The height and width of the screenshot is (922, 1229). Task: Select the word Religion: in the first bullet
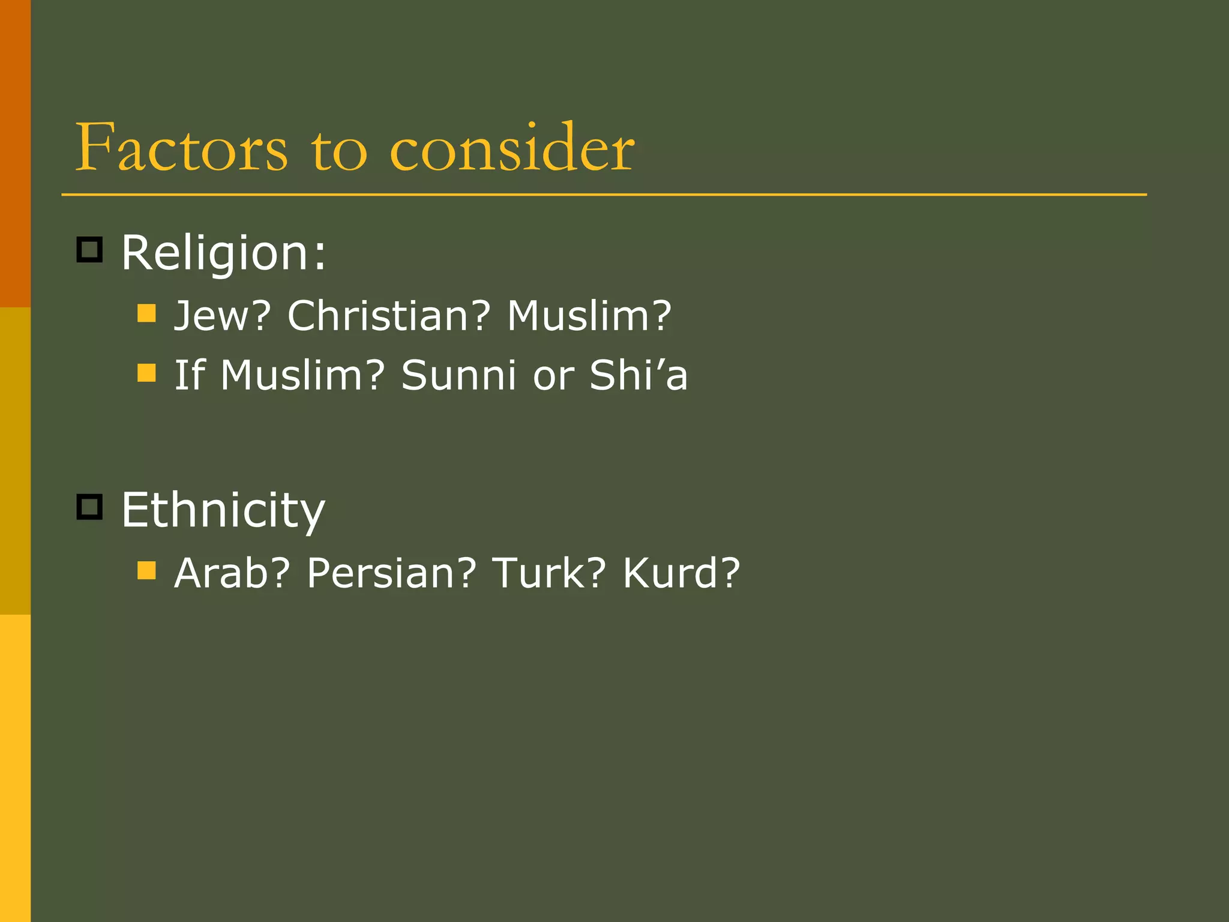pos(224,253)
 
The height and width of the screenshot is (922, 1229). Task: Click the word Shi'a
pos(639,376)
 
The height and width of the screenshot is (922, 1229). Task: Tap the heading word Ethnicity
pos(223,510)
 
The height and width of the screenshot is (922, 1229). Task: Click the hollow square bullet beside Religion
pos(90,249)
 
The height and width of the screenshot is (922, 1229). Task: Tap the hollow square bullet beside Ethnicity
pos(90,507)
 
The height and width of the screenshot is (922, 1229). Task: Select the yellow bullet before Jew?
pos(146,313)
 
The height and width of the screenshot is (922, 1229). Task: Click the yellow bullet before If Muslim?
pos(146,373)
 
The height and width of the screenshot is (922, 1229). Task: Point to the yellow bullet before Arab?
pos(146,570)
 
